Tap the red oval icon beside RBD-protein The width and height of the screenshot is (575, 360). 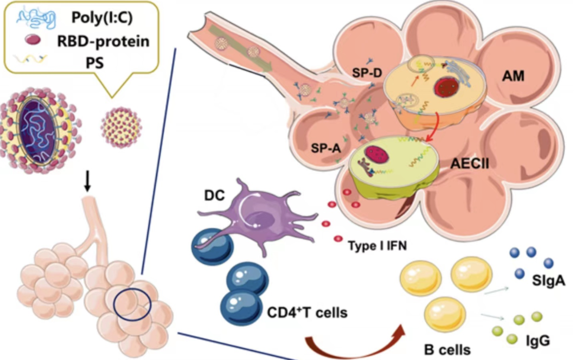click(x=32, y=40)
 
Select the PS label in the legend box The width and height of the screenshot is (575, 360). click(x=94, y=62)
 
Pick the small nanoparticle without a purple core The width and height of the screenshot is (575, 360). click(x=121, y=127)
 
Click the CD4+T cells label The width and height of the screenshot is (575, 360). click(x=307, y=312)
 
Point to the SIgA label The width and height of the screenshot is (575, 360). click(x=548, y=280)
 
